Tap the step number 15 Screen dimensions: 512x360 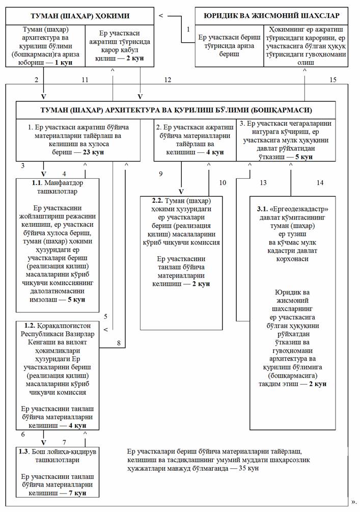(333, 79)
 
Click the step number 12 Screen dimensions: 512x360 (168, 79)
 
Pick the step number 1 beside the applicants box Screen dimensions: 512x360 (188, 29)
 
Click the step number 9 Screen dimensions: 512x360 (160, 174)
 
